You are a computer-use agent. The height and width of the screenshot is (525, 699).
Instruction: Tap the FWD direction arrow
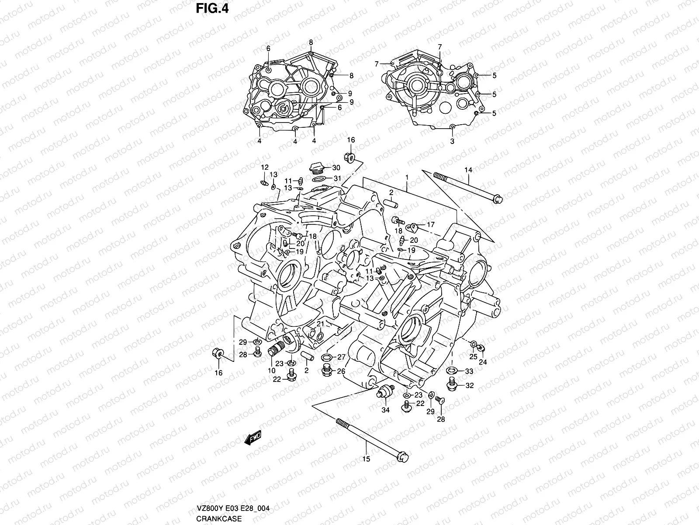253,437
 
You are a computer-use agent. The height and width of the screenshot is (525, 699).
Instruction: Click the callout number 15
367,459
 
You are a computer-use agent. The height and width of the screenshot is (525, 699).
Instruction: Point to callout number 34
385,410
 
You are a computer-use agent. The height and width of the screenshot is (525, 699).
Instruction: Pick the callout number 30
336,168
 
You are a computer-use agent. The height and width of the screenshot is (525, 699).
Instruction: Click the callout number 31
337,178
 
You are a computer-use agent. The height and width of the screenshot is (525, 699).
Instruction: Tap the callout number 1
407,177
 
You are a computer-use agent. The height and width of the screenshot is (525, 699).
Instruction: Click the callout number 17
431,225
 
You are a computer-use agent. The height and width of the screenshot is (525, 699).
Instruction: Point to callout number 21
320,324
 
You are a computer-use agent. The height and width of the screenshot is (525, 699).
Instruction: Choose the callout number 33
469,371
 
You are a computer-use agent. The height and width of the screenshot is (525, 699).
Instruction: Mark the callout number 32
469,386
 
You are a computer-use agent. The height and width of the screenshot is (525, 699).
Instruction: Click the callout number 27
341,357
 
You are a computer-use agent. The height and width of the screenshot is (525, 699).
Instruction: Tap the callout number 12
265,168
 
